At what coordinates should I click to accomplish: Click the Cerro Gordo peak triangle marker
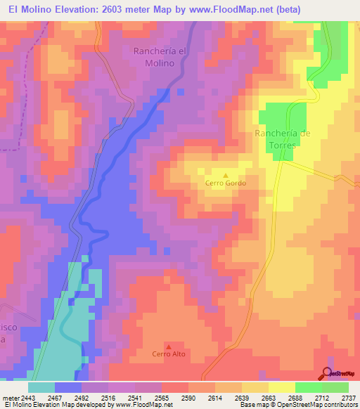[x=226, y=176]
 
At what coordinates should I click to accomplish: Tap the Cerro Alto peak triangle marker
[x=168, y=346]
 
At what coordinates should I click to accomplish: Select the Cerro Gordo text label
[x=226, y=184]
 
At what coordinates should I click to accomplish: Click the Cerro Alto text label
[x=168, y=354]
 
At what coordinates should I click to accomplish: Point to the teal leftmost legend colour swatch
[x=41, y=387]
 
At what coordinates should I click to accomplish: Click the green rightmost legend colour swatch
[x=335, y=387]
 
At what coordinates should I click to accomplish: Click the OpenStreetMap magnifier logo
[x=327, y=373]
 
